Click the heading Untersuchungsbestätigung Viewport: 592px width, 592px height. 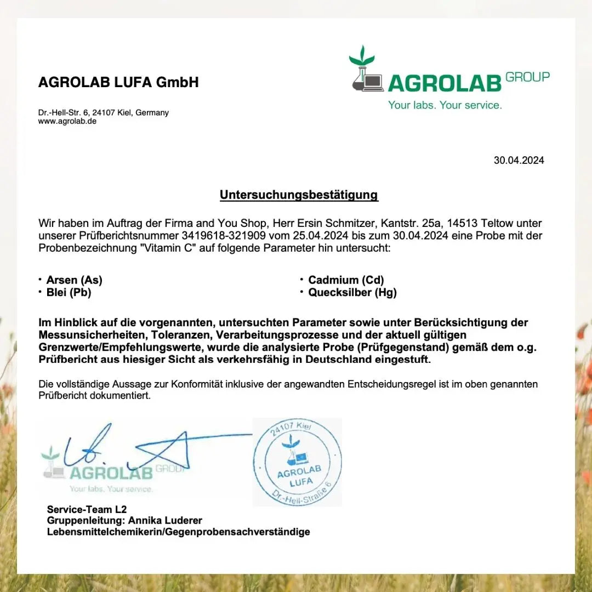coord(299,195)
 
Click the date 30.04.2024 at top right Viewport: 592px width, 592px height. coord(519,161)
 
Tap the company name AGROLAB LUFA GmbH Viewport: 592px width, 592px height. coord(118,83)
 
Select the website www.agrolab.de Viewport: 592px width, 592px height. coord(67,121)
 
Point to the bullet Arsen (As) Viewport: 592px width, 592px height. coord(74,280)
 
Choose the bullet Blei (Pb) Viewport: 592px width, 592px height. coord(69,293)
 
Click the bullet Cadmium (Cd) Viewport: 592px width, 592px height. coord(346,280)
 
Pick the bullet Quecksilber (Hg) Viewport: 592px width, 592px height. coord(352,293)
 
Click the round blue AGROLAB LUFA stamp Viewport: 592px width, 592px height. coord(297,462)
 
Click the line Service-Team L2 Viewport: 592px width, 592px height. coord(87,509)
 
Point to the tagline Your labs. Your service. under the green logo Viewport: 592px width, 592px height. coord(445,105)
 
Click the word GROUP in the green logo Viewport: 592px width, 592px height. coord(527,77)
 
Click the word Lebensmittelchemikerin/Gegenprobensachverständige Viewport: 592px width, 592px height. coord(178,532)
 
